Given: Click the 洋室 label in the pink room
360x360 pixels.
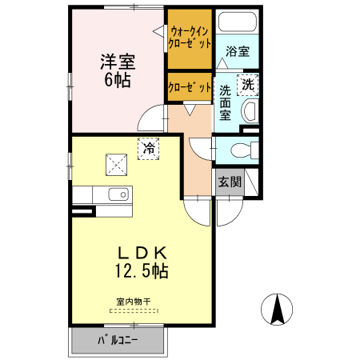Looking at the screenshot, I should [x=117, y=61].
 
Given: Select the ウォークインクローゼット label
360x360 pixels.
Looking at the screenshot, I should [x=190, y=38].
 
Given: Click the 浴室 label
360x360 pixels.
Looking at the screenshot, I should [x=237, y=52].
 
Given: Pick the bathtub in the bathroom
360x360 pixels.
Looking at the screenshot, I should [x=237, y=24].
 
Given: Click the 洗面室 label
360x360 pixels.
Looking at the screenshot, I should [x=226, y=102].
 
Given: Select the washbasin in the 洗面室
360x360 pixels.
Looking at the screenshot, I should [x=249, y=111].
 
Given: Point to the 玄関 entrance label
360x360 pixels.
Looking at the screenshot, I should [x=230, y=182].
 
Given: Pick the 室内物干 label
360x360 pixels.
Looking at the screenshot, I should [x=133, y=302].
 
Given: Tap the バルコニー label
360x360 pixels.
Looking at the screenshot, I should [x=118, y=340].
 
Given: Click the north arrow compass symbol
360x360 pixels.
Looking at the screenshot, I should [x=278, y=310].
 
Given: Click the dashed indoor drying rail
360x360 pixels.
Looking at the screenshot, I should [x=133, y=310].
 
